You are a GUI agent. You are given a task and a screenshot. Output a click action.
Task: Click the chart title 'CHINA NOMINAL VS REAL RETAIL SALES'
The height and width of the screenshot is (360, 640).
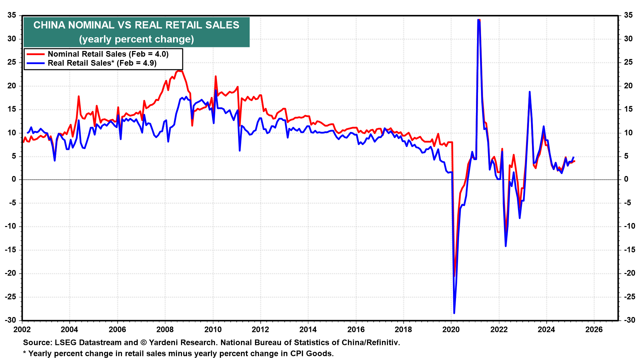click(x=136, y=25)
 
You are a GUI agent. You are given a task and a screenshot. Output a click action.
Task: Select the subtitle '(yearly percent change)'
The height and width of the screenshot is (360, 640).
click(x=136, y=39)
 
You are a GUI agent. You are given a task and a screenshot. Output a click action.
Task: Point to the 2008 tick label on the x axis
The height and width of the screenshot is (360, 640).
click(x=165, y=330)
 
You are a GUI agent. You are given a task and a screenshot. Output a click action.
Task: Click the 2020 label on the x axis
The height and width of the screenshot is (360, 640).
click(x=451, y=330)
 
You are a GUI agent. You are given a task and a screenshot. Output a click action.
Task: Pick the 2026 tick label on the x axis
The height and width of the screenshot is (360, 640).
click(x=594, y=330)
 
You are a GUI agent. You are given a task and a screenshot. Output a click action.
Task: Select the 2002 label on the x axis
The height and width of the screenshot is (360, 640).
click(x=22, y=330)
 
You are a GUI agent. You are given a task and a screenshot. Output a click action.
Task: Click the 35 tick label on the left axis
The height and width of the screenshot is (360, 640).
click(x=12, y=15)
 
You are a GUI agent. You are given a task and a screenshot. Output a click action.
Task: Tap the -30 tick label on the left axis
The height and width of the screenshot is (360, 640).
click(x=10, y=320)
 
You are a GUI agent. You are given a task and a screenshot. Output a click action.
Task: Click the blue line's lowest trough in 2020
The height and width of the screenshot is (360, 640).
click(x=454, y=313)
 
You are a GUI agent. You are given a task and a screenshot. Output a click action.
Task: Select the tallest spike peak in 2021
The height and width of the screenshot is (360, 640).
click(x=479, y=20)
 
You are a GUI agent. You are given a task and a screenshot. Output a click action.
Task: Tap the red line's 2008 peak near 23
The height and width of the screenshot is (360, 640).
click(x=179, y=71)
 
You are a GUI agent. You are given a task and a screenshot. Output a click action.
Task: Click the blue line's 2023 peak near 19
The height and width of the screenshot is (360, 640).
click(x=529, y=92)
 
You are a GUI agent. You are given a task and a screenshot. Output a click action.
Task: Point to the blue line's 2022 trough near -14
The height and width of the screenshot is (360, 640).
click(x=506, y=246)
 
